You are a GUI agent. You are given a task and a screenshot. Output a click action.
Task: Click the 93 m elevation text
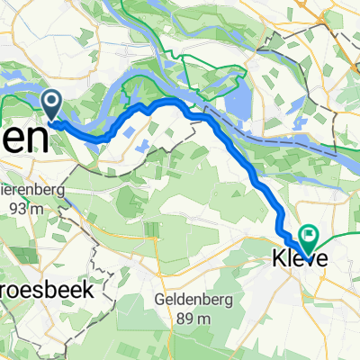pos(36,208)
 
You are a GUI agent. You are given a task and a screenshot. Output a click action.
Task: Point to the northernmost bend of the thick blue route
pos(166,102)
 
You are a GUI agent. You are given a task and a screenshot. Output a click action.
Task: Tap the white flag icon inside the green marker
pos(308,237)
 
